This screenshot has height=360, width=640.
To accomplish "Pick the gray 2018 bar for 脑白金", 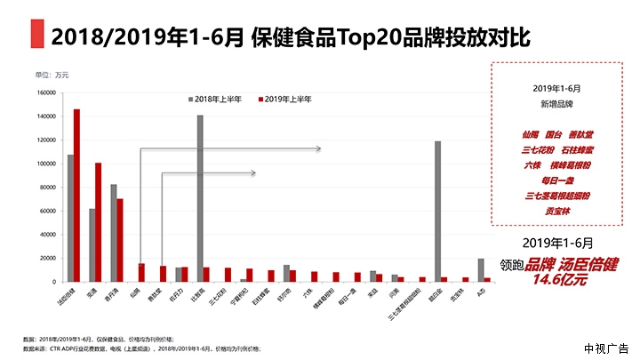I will [437, 211].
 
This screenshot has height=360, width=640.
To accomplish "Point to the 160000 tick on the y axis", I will [45, 92].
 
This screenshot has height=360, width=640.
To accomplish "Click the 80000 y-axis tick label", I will [47, 187].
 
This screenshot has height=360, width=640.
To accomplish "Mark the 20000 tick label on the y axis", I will [47, 258].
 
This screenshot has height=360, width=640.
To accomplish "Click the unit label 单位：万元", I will [52, 74].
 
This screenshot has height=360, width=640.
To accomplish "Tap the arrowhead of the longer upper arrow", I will [317, 149].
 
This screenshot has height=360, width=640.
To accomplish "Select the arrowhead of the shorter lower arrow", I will [253, 172].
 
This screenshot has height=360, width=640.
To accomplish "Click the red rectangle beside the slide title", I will [37, 36].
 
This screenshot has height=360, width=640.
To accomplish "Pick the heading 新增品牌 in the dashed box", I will [557, 103].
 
